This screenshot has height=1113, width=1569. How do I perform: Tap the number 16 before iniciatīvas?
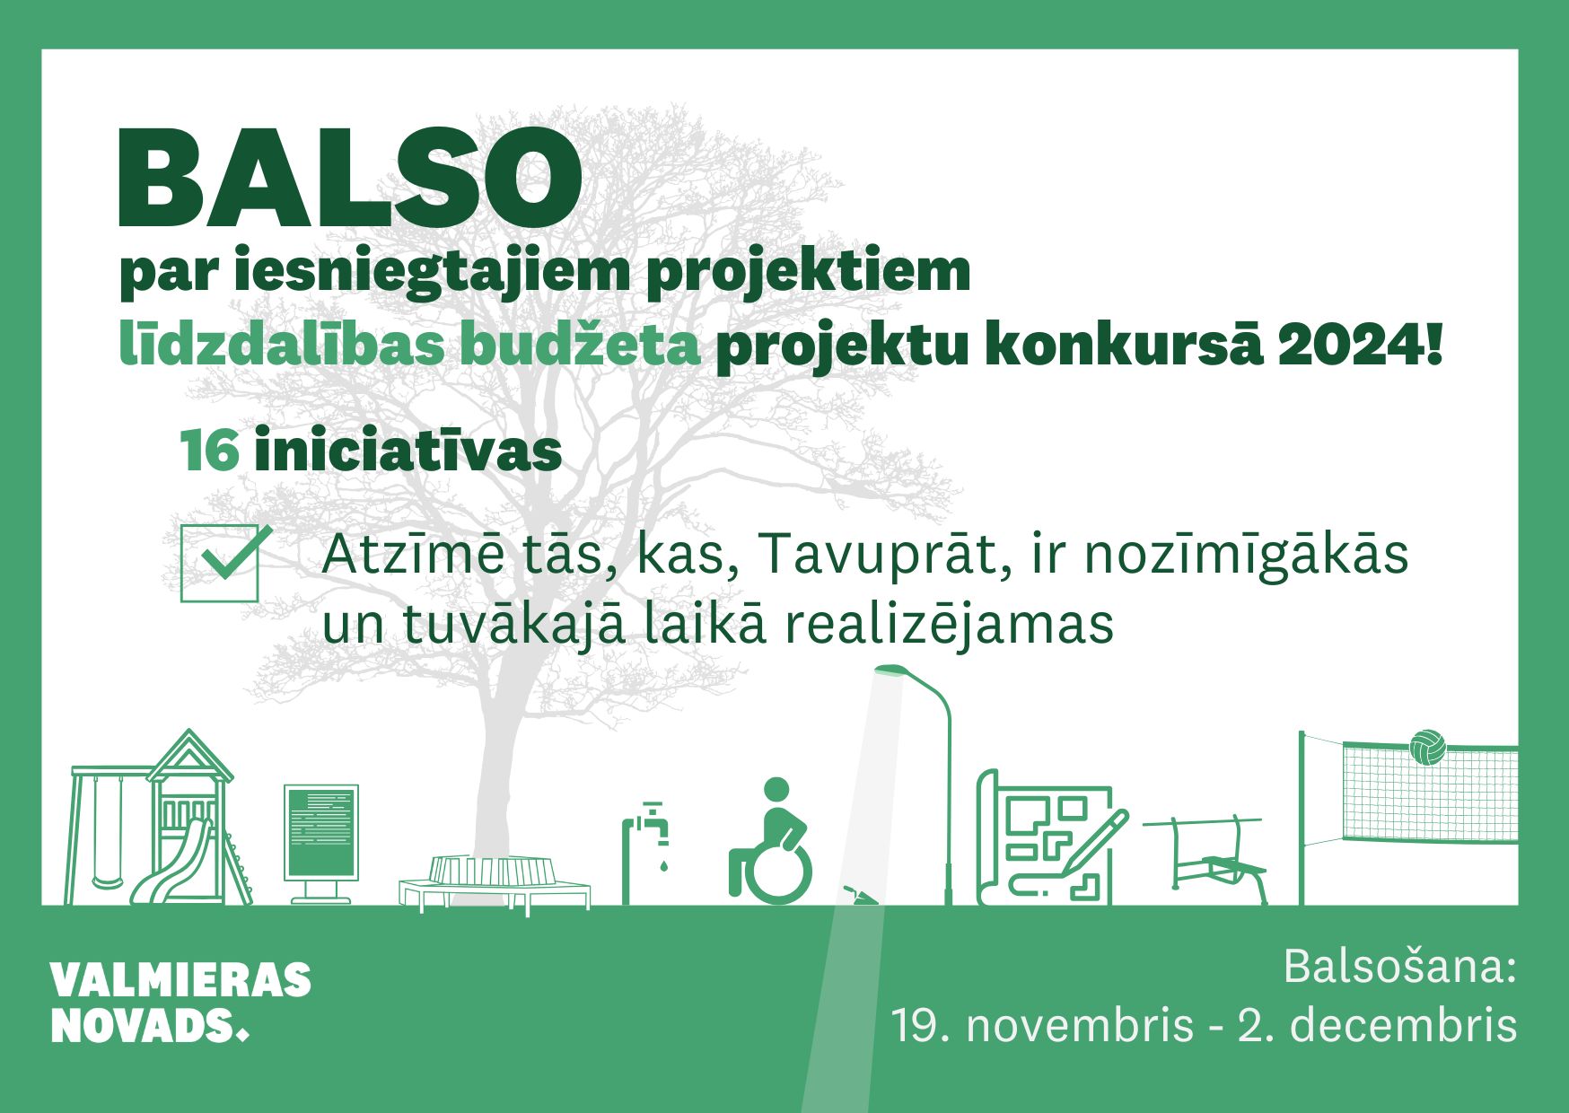(x=210, y=451)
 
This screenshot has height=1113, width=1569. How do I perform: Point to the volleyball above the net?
(x=1427, y=747)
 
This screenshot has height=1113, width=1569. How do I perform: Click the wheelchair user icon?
(x=771, y=841)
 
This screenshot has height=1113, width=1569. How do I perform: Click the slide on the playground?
(x=170, y=862)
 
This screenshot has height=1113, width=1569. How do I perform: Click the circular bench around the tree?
(x=495, y=883)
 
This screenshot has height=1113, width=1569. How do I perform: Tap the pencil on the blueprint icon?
(x=1092, y=843)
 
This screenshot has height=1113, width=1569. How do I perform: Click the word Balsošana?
(x=1399, y=967)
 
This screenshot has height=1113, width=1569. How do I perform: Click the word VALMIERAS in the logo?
(x=180, y=980)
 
